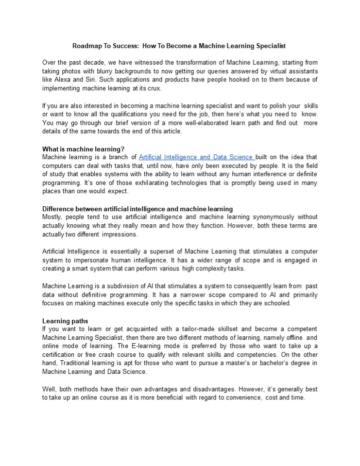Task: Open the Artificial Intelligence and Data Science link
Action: [x=196, y=157]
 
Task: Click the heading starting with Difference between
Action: [x=137, y=209]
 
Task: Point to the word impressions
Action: [x=119, y=233]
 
